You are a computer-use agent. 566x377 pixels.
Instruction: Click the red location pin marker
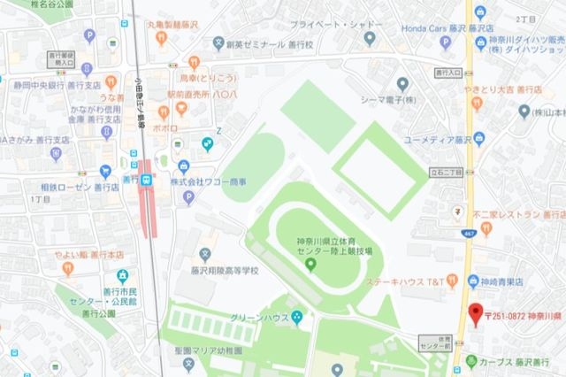click(x=475, y=314)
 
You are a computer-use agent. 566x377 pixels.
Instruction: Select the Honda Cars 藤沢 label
click(x=421, y=27)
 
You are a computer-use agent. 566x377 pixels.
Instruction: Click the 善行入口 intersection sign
click(x=450, y=72)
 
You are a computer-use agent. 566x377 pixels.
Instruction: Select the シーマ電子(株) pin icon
click(x=403, y=84)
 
